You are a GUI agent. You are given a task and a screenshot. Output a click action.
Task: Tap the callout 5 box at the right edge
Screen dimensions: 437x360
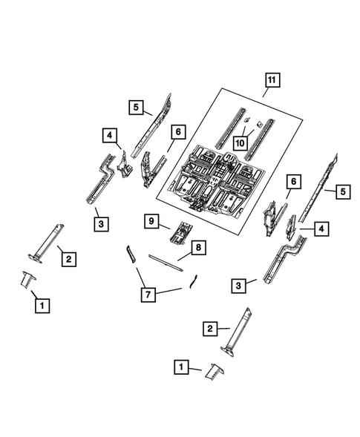tap(342, 192)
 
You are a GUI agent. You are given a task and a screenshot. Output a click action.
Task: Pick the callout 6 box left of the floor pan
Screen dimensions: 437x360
tap(177, 131)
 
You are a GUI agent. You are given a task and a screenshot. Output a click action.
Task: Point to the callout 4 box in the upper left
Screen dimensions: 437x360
tap(109, 135)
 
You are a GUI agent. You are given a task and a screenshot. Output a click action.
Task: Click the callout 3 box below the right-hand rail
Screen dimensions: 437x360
tap(239, 285)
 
